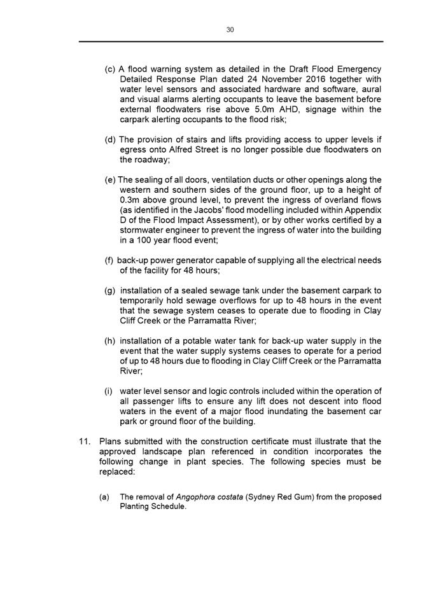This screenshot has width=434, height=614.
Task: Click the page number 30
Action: click(x=230, y=29)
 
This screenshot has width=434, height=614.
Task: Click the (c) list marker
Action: click(x=110, y=69)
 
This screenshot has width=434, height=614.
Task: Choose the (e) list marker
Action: click(x=110, y=180)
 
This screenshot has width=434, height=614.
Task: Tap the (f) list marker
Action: click(x=109, y=261)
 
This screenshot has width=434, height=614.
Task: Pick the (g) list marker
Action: click(x=110, y=291)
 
